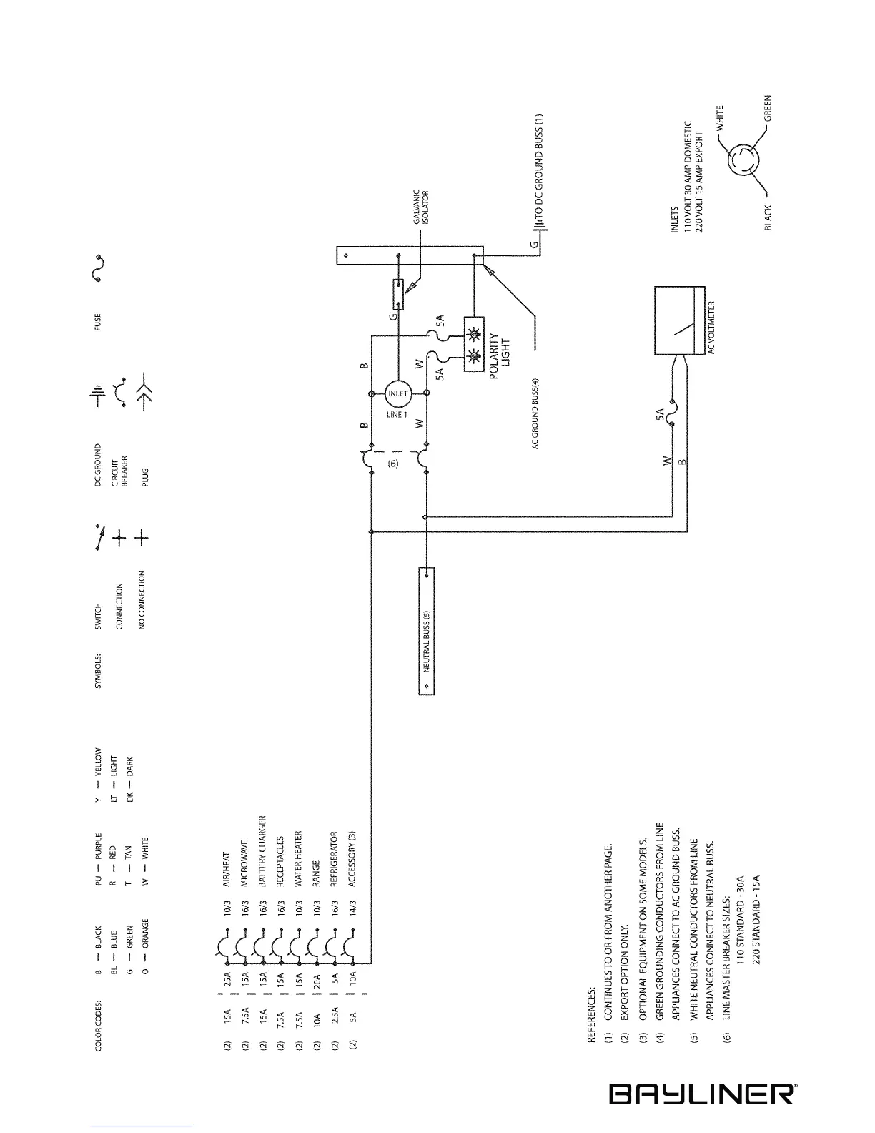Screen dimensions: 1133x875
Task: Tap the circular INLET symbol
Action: (397, 394)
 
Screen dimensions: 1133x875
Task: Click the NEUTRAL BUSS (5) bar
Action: (427, 630)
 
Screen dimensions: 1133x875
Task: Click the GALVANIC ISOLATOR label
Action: (422, 208)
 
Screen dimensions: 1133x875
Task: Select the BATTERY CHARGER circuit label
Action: (262, 851)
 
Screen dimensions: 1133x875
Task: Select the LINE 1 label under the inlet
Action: (395, 416)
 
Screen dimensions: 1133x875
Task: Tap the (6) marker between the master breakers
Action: (392, 463)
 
